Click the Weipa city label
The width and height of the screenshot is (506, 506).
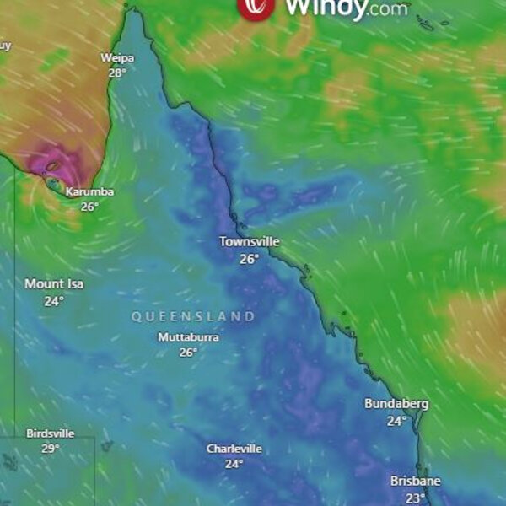117,58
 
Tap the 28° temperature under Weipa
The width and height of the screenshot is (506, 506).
117,73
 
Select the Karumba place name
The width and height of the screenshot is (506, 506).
89,192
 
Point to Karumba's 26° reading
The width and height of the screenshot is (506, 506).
89,207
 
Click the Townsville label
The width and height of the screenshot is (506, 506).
249,242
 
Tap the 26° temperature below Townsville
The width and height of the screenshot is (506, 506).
249,259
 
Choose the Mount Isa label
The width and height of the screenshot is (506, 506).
54,284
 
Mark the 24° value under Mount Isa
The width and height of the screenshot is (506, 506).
54,301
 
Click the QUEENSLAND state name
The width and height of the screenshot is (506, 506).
193,317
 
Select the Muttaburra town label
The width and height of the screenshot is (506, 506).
188,337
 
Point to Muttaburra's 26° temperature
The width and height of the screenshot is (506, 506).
188,353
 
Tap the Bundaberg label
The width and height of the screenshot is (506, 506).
396,404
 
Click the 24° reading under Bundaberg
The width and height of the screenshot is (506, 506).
396,421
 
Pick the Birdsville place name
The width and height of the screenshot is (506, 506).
51,433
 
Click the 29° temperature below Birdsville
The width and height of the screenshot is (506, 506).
51,449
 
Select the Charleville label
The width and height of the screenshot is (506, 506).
234,449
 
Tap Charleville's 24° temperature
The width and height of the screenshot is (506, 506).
234,464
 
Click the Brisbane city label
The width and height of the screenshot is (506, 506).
415,482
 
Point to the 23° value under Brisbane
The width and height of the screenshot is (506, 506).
415,498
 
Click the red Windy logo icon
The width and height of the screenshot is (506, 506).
256,7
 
